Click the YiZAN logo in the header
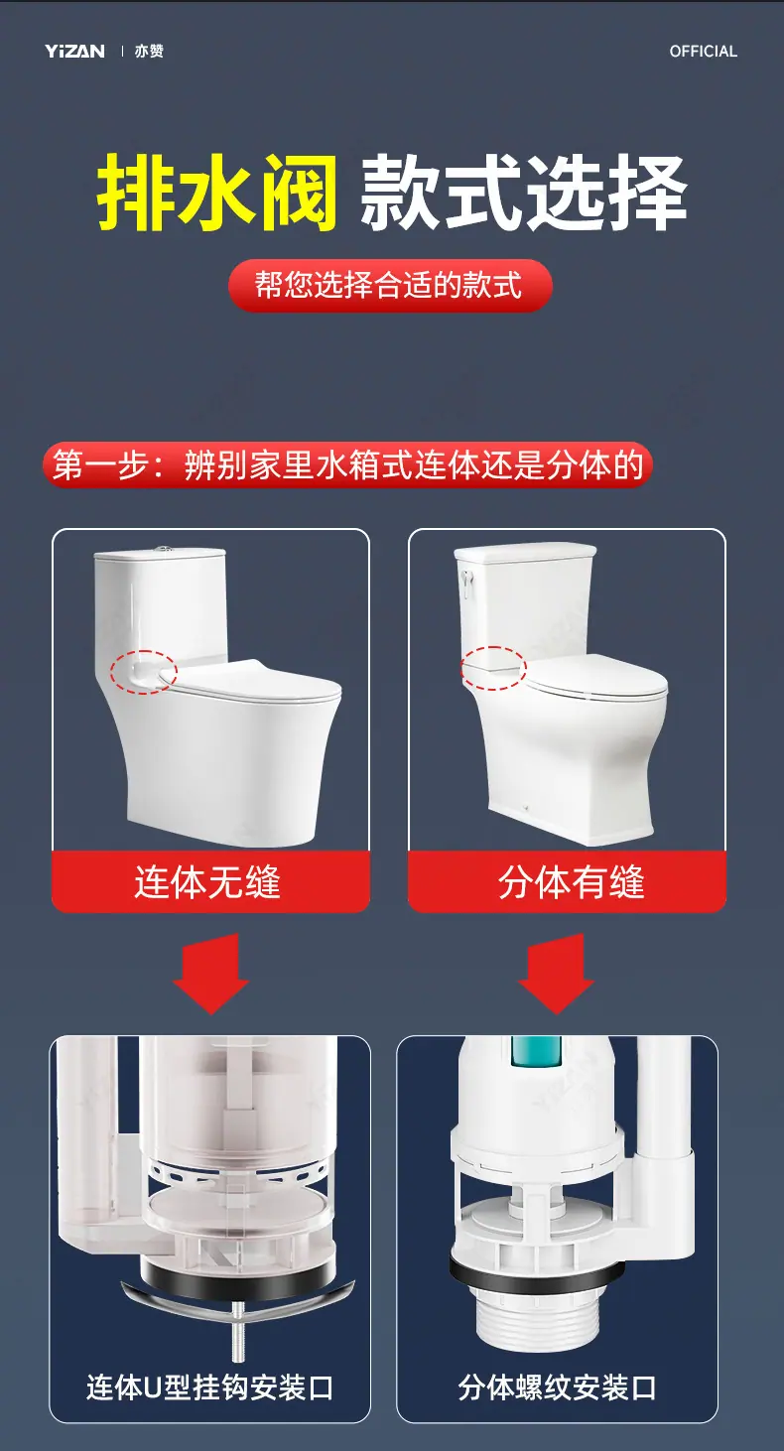(74, 52)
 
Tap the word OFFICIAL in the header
(703, 52)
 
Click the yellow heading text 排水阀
(217, 193)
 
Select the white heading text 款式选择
(523, 193)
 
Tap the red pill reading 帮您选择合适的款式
(390, 285)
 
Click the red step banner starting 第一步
(347, 465)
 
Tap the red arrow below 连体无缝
(210, 973)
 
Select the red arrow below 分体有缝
(556, 973)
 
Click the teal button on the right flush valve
(536, 1052)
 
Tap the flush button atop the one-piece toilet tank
(162, 550)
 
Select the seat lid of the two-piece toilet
(596, 677)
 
